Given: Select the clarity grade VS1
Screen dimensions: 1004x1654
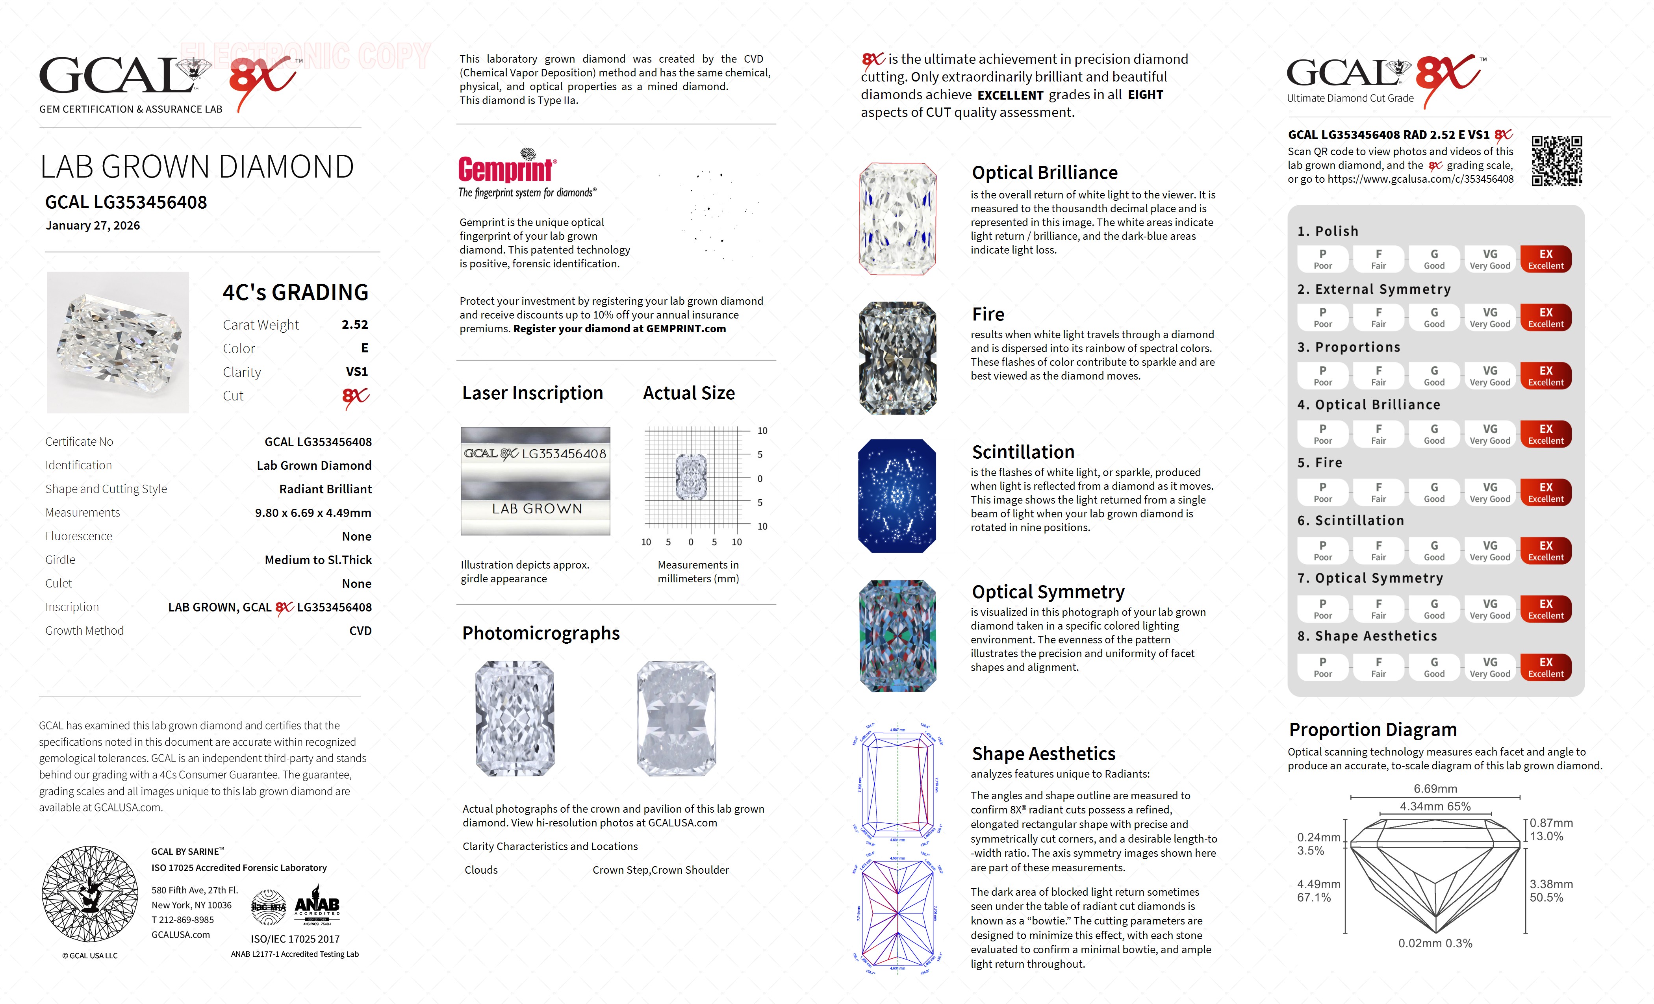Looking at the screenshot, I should pyautogui.click(x=356, y=372).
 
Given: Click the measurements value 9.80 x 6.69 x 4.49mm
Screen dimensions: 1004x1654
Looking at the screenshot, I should pyautogui.click(x=313, y=513).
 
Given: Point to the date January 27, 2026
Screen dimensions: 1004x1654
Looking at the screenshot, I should pyautogui.click(x=93, y=226).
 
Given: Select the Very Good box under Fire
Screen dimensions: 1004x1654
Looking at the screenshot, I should pyautogui.click(x=1489, y=492).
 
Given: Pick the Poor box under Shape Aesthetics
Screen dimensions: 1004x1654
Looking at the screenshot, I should pyautogui.click(x=1322, y=667).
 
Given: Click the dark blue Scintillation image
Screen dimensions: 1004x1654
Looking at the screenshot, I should pyautogui.click(x=897, y=496).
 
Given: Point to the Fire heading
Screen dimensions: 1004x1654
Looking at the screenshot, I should pyautogui.click(x=988, y=314).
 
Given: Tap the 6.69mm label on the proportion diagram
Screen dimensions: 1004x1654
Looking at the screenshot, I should pyautogui.click(x=1435, y=789).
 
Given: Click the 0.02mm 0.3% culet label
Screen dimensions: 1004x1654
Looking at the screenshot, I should pyautogui.click(x=1435, y=943).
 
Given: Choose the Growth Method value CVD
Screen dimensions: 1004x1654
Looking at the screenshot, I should pyautogui.click(x=360, y=631).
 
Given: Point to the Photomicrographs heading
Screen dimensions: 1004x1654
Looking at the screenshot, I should pyautogui.click(x=540, y=633).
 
